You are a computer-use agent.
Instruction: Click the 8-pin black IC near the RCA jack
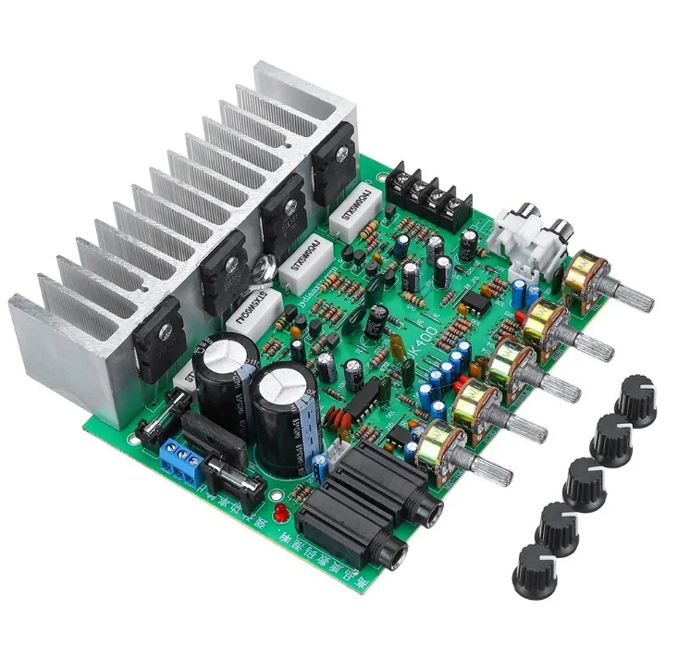474,303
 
